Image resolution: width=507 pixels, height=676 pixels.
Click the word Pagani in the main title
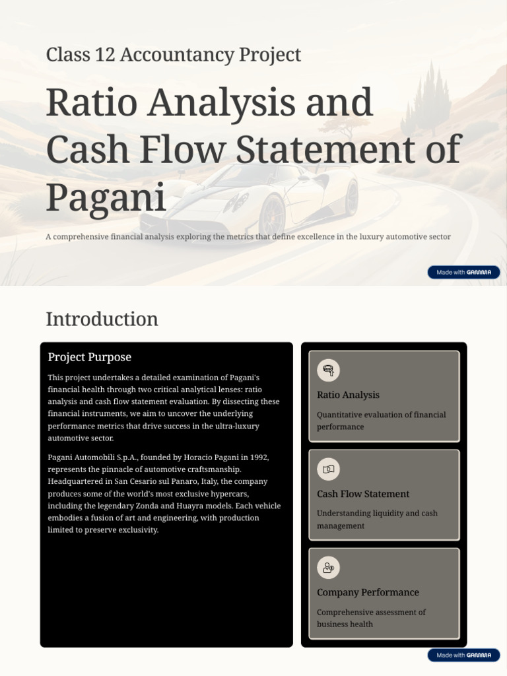tap(106, 196)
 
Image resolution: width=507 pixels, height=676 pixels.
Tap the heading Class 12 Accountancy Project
tap(173, 55)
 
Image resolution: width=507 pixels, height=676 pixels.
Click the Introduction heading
tap(102, 320)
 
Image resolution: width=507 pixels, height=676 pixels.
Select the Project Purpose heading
tap(89, 357)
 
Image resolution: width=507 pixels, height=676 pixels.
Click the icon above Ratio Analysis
tap(328, 370)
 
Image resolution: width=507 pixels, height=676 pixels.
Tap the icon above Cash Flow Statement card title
tap(328, 469)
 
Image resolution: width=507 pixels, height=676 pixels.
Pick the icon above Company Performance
tap(328, 568)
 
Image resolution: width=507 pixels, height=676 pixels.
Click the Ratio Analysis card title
tap(348, 395)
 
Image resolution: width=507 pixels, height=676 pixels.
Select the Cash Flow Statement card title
tap(363, 494)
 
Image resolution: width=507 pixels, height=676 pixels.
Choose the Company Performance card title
tap(368, 592)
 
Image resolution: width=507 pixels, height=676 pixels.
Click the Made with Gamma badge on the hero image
tap(463, 272)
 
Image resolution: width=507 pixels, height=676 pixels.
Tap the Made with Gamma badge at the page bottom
tap(463, 656)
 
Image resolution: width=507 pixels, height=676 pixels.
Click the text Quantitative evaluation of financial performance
tap(381, 421)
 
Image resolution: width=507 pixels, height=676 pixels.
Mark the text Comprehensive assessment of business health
tap(371, 618)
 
